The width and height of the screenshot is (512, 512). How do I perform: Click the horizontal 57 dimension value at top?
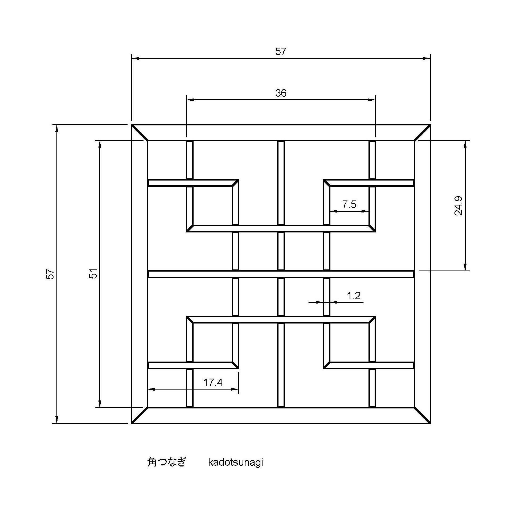tap(281, 51)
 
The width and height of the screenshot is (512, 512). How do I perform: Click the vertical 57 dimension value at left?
tap(50, 274)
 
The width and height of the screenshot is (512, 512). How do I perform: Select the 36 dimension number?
tap(281, 93)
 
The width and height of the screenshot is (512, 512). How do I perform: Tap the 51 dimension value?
tap(93, 273)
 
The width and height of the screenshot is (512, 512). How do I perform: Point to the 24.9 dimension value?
tap(458, 206)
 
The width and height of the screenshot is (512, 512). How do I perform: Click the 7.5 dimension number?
tap(349, 204)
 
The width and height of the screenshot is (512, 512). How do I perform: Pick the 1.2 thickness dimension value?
tap(354, 296)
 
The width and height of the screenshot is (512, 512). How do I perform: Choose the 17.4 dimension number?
tap(213, 383)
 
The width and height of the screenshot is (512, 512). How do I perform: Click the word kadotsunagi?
tap(235, 462)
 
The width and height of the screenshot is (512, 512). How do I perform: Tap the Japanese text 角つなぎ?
tap(166, 462)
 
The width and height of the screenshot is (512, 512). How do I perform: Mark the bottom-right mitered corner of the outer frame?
tap(423, 415)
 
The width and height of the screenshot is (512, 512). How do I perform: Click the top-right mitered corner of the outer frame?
tap(423, 133)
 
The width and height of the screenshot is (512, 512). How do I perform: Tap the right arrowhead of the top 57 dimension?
tap(427, 59)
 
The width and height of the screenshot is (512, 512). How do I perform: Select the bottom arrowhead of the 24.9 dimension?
tap(465, 267)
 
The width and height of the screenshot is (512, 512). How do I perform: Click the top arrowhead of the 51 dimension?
tap(100, 145)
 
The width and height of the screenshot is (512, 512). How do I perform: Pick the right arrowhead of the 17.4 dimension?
tap(235, 389)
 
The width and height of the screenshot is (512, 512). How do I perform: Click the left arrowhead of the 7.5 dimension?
tap(334, 211)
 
